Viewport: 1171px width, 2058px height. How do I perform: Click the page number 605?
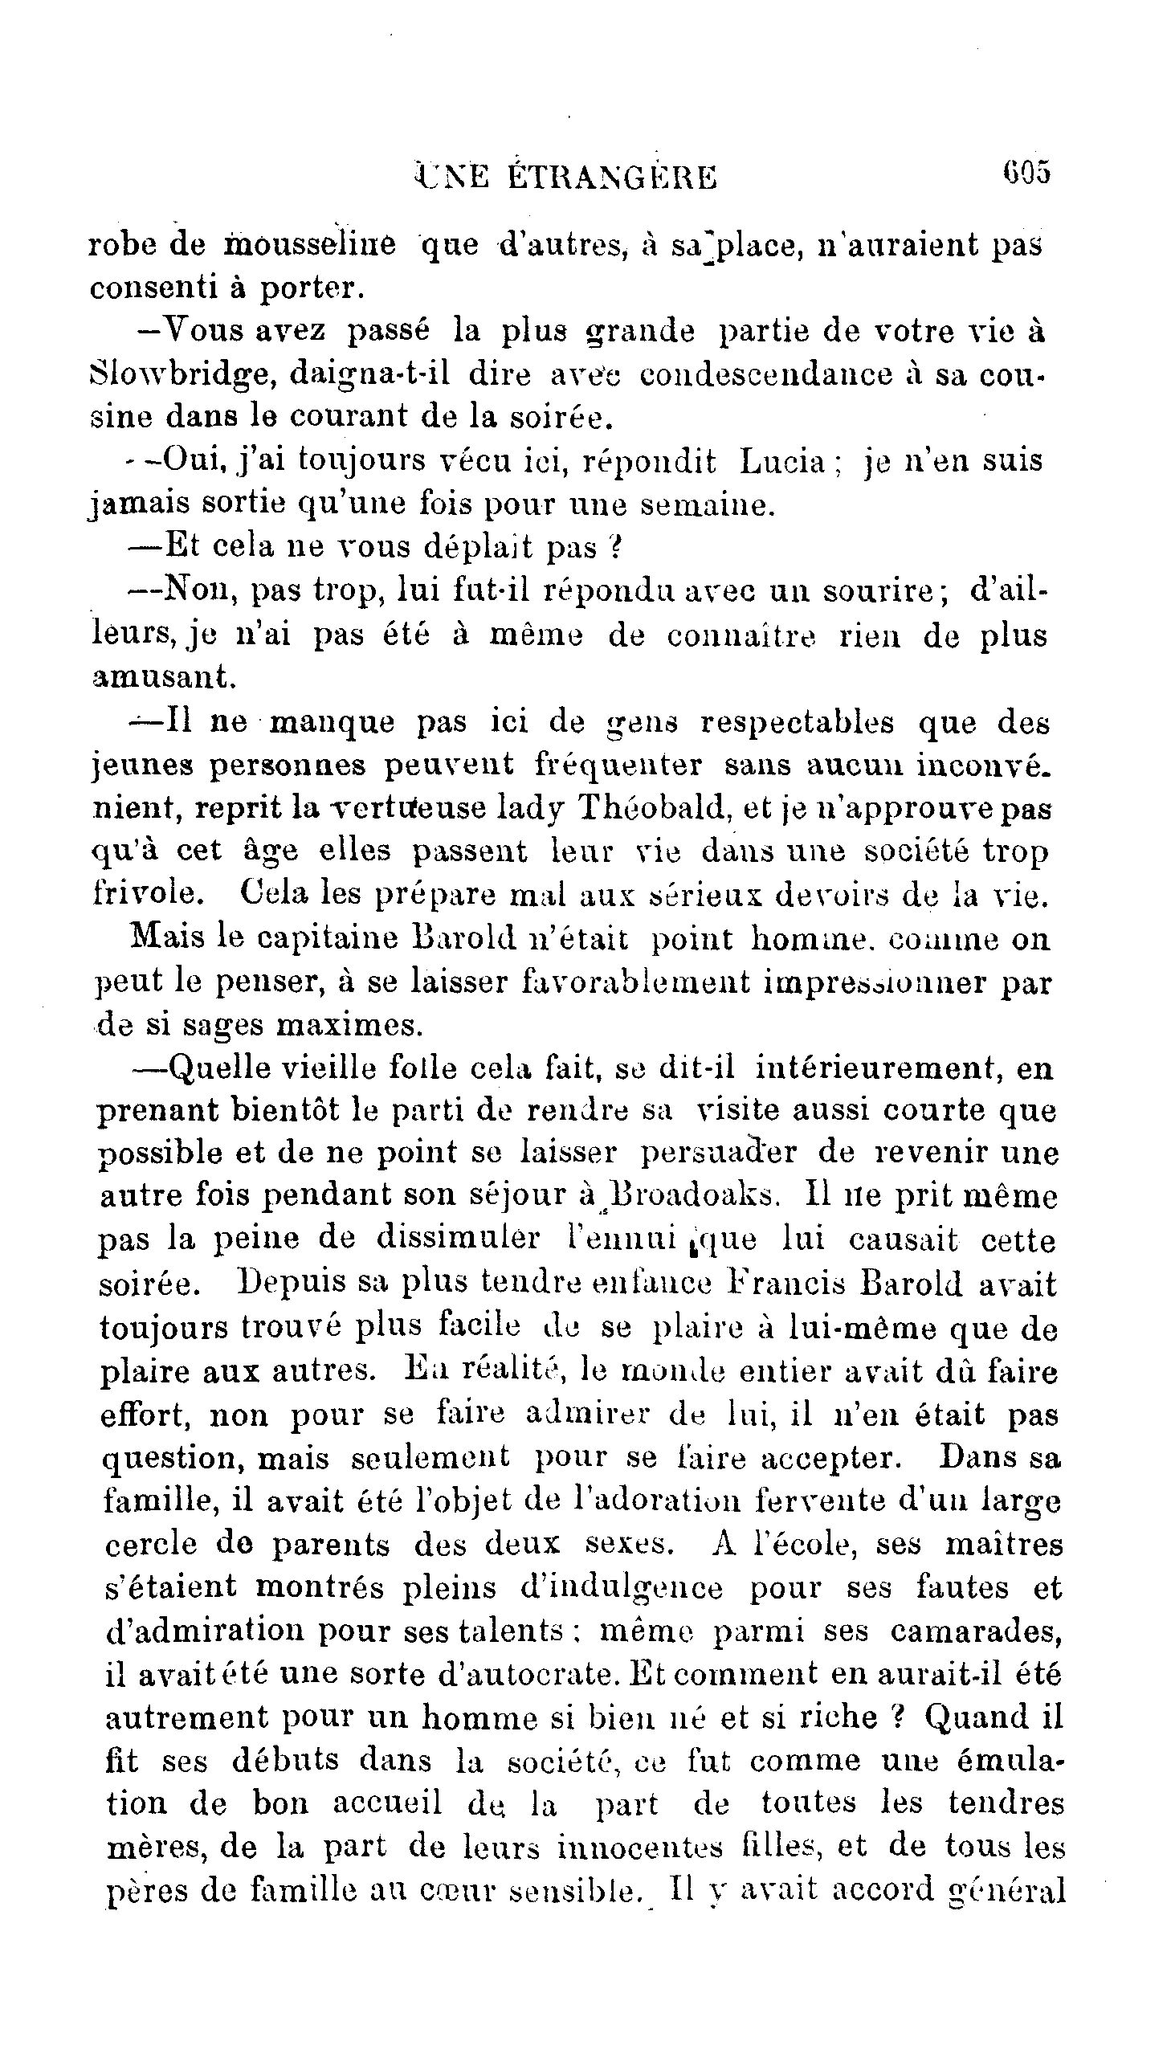click(1026, 173)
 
